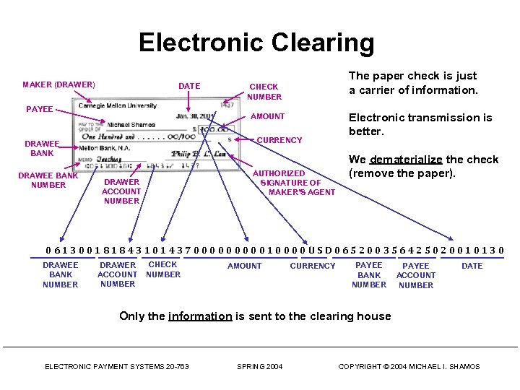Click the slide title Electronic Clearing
[256, 43]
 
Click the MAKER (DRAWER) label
[58, 85]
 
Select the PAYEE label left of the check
[39, 109]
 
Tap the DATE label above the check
[189, 86]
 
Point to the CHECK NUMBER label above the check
[264, 92]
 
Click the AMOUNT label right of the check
[267, 116]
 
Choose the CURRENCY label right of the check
[279, 140]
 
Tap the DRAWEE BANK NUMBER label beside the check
[48, 180]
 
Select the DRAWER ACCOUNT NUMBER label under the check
[121, 191]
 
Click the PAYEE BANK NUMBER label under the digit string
[369, 275]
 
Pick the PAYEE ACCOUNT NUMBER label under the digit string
[416, 275]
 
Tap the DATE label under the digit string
[472, 266]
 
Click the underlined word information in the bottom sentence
[200, 316]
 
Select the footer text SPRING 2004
[260, 367]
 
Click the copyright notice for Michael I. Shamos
[409, 367]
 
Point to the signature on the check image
[199, 155]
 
